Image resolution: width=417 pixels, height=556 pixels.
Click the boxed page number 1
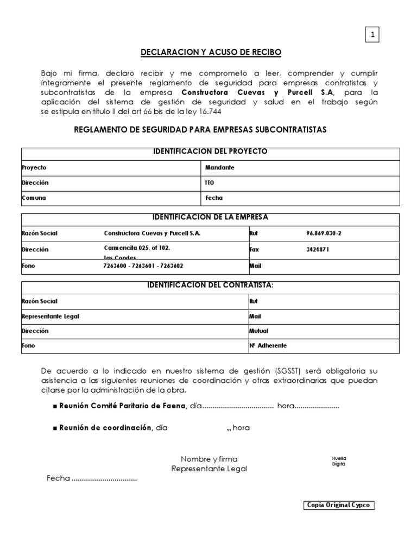click(x=372, y=35)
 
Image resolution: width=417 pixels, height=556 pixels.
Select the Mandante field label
click(x=219, y=168)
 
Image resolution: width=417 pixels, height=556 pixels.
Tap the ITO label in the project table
click(x=210, y=183)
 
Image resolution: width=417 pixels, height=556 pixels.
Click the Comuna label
click(x=34, y=198)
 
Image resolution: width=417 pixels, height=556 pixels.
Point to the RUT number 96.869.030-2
click(x=324, y=233)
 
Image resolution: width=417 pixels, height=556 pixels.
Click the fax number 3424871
click(x=318, y=250)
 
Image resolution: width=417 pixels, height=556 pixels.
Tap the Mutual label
click(x=258, y=330)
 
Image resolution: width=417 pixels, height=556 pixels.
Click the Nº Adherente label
click(x=268, y=345)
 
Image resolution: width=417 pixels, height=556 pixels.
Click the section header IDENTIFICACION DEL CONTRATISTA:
click(x=211, y=285)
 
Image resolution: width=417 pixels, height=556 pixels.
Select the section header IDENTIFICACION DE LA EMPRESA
click(x=211, y=217)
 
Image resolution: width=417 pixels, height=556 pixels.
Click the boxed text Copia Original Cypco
click(x=339, y=505)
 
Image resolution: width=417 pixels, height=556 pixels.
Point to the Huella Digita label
click(x=339, y=461)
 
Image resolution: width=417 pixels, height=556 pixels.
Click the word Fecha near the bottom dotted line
click(x=58, y=479)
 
